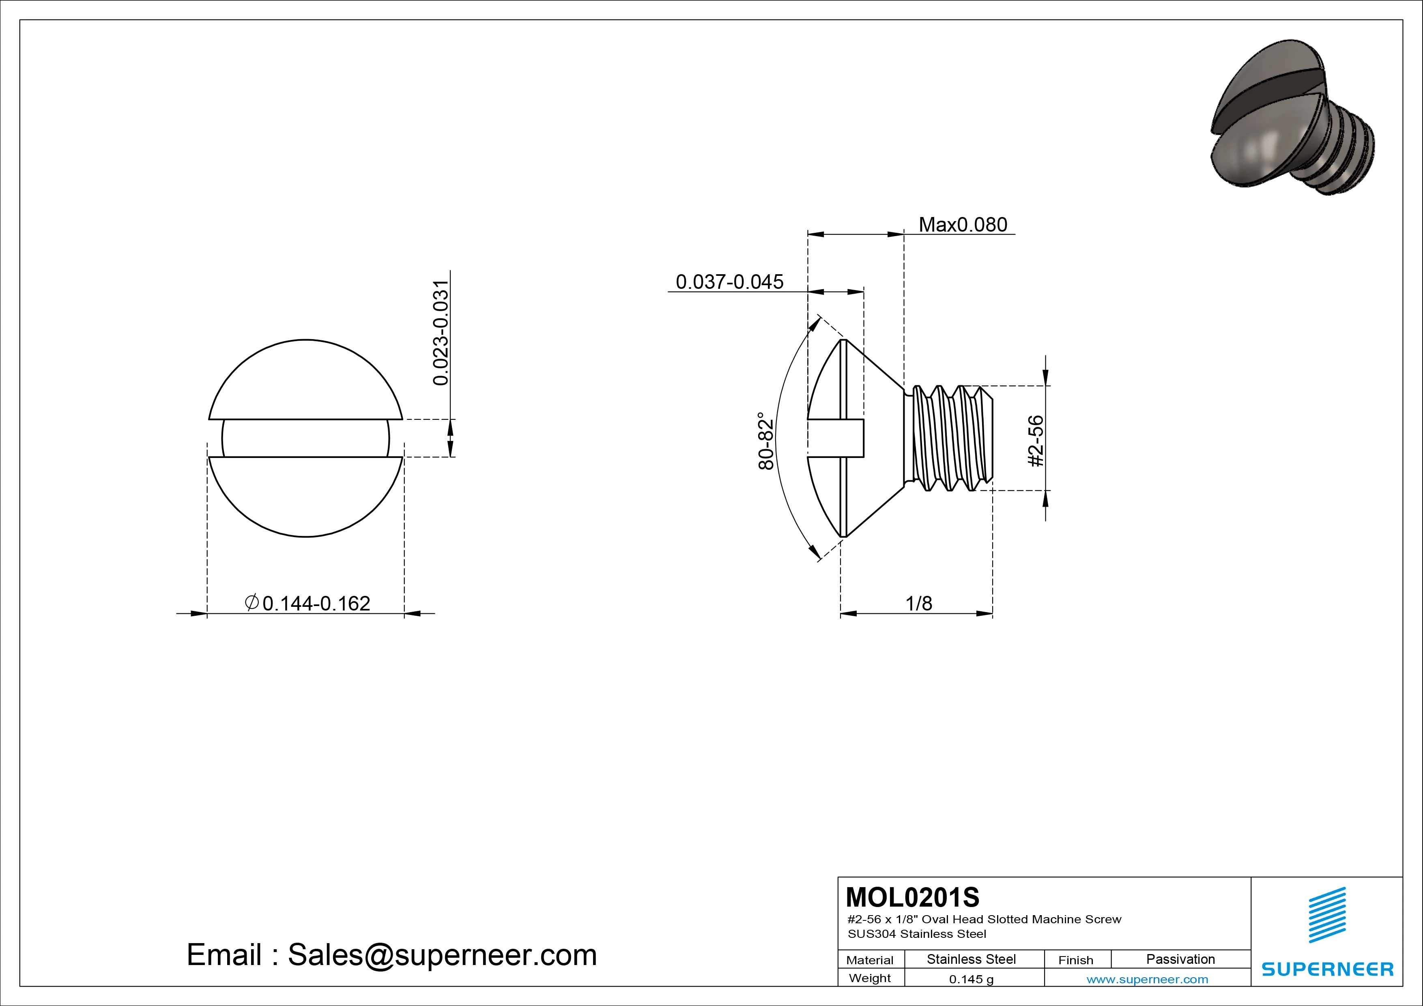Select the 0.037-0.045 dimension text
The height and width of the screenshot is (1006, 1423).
point(729,282)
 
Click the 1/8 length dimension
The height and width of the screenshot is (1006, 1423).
point(918,603)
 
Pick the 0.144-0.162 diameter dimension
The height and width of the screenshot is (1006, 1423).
point(316,603)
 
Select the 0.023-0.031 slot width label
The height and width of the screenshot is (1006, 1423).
point(440,333)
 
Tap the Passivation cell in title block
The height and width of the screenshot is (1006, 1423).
point(1180,959)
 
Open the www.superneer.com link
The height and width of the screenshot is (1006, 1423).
point(1147,979)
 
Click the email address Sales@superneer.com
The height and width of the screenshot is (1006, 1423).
point(441,955)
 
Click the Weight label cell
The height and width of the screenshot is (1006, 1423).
point(870,978)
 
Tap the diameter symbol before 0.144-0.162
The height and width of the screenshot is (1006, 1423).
point(251,602)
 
